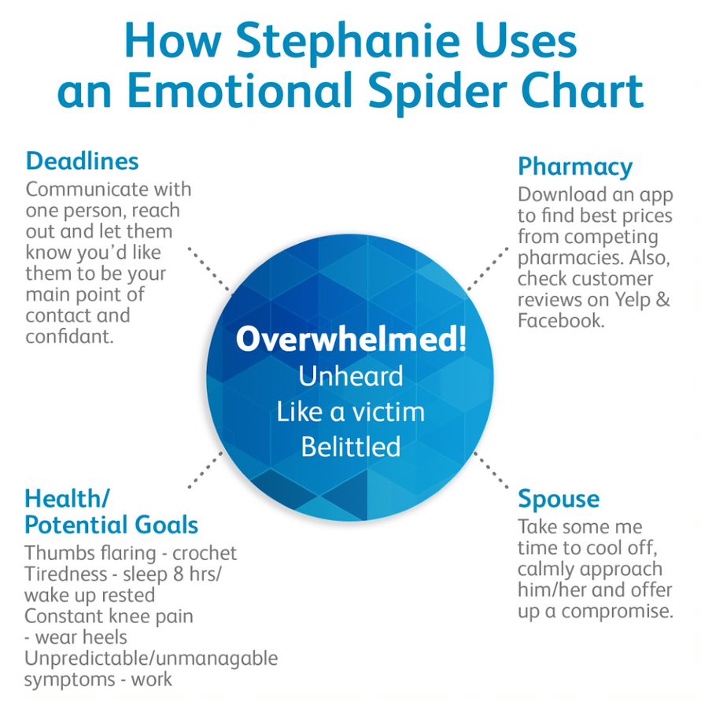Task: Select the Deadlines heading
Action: point(83,161)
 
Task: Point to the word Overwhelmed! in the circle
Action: point(352,339)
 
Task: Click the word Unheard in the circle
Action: point(351,376)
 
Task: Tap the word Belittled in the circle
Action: point(351,447)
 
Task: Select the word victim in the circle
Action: point(388,411)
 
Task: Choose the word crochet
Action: point(205,553)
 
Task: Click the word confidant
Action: point(70,337)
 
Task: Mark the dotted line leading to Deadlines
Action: point(210,270)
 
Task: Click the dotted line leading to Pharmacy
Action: point(487,268)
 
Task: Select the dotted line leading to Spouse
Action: point(491,470)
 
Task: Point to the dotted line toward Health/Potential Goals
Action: point(205,470)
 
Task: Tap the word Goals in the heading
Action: point(166,525)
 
